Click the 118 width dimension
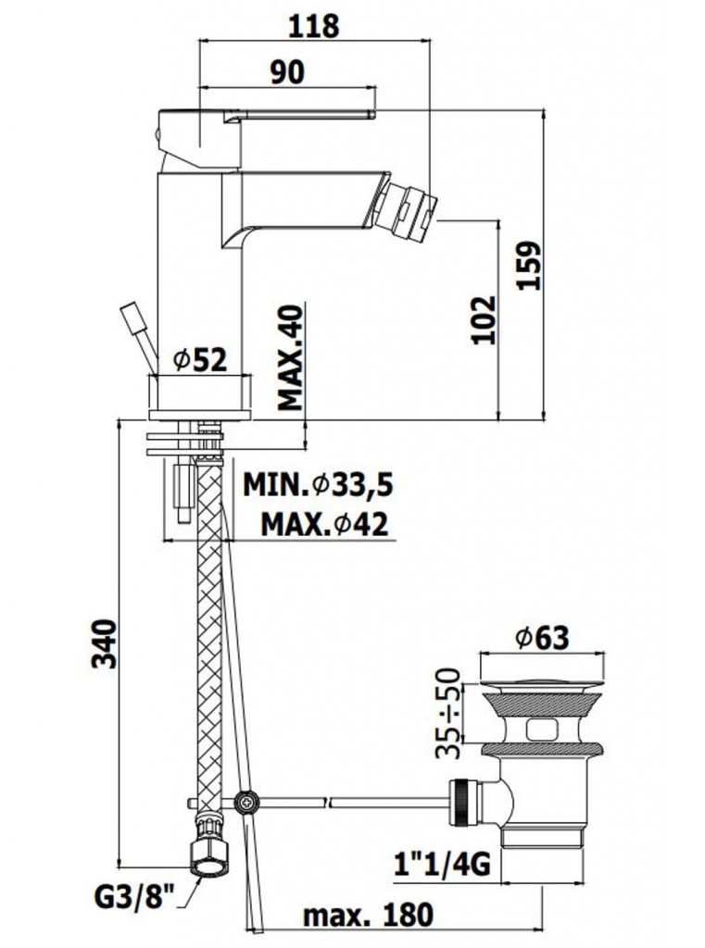[x=314, y=25]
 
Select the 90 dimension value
[x=287, y=71]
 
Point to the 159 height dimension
[x=529, y=266]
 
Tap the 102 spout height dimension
[x=484, y=320]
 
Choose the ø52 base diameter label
[x=200, y=360]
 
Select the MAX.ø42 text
[x=325, y=524]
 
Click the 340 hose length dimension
[x=104, y=643]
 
